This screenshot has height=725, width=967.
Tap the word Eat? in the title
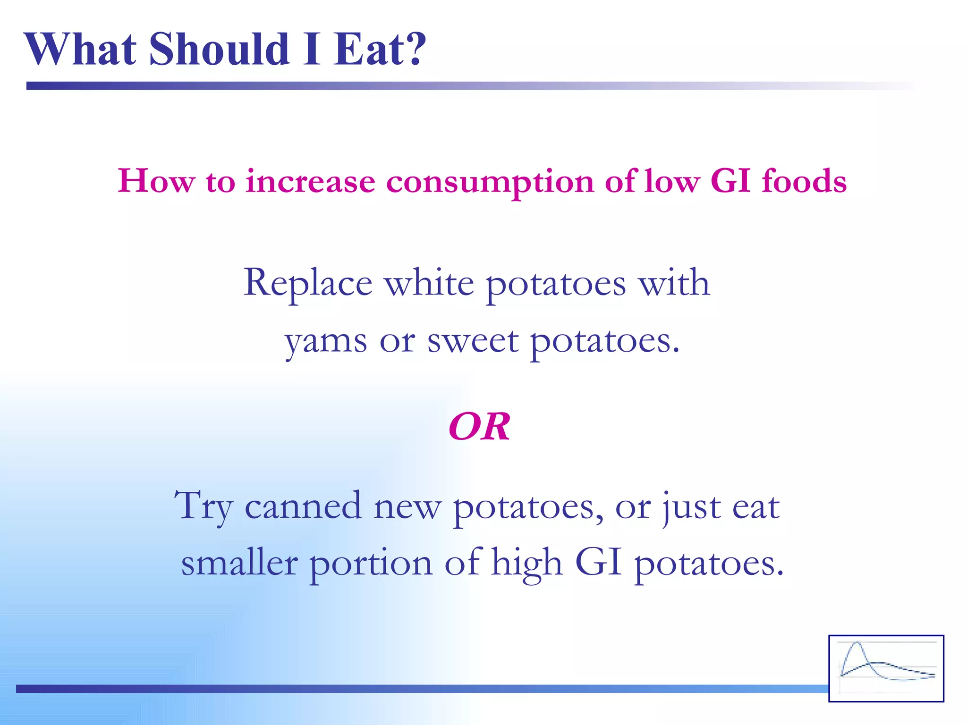380,49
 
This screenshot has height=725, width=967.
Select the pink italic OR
479,427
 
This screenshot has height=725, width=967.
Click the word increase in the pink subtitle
310,182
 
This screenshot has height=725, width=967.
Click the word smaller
239,563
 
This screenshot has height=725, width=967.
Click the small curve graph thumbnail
886,668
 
